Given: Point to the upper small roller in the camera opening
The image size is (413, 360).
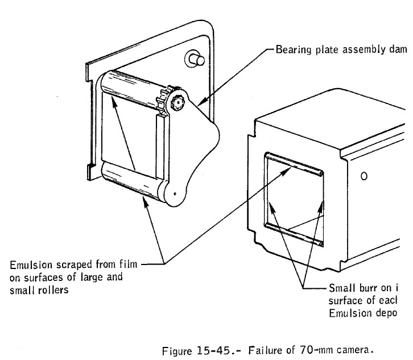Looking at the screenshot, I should coord(294,163).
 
